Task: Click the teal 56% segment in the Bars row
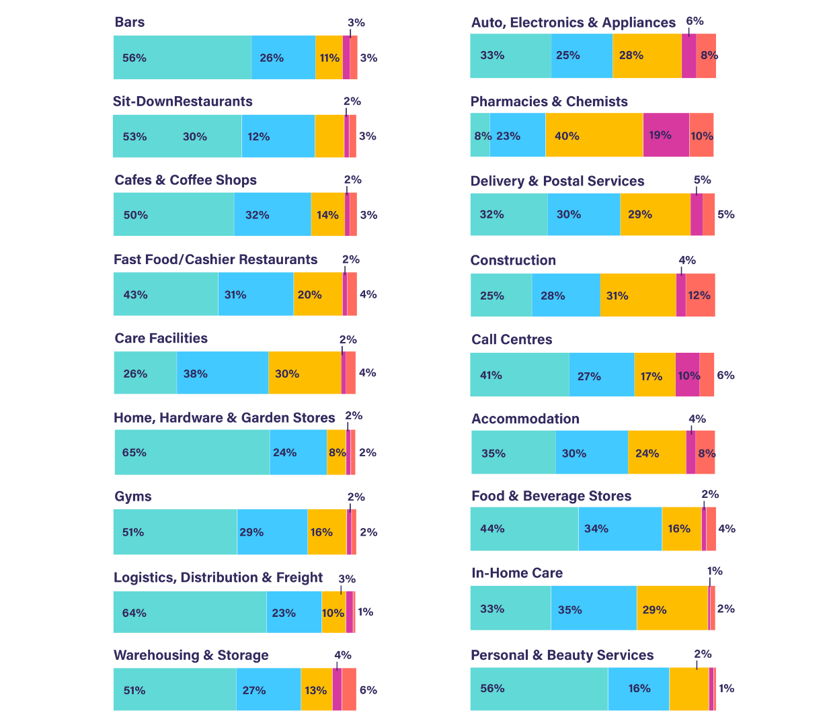click(182, 58)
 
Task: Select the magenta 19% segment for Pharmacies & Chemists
click(666, 135)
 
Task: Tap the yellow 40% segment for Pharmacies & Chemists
click(594, 135)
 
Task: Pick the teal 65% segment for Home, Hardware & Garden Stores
click(192, 452)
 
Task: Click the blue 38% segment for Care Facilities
click(223, 374)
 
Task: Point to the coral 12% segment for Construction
click(701, 296)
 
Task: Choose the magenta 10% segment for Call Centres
click(688, 375)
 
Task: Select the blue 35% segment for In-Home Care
click(594, 609)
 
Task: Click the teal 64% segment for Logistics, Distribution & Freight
click(190, 612)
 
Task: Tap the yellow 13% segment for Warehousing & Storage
click(316, 690)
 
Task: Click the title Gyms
click(133, 497)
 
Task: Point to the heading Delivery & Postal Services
click(557, 181)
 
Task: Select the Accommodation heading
click(525, 419)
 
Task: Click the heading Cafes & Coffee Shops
click(186, 180)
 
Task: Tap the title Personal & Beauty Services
click(562, 655)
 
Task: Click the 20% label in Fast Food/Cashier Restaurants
click(309, 295)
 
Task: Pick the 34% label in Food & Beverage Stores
click(596, 529)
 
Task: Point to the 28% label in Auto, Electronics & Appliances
click(631, 55)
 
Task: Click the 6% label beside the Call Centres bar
click(725, 376)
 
